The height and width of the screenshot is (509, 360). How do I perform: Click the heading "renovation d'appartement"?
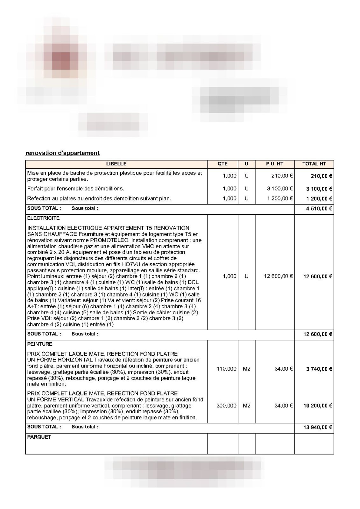coord(62,153)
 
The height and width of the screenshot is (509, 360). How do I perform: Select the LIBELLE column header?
coord(116,164)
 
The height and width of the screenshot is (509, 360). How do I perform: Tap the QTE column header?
coord(222,164)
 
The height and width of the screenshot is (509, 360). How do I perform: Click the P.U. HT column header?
coord(275,164)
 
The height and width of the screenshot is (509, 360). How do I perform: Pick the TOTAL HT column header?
coord(314,164)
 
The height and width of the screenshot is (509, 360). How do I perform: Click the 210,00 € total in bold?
coord(321,176)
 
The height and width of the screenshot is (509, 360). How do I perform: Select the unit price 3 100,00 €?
coord(280,189)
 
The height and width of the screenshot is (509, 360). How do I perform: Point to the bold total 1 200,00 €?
coord(319,199)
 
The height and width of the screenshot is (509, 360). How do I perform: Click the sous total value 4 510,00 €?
coord(319,209)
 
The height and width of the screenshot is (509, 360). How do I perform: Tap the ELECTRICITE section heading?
coord(43,218)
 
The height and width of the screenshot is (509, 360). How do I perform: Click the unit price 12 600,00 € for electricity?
coord(278,276)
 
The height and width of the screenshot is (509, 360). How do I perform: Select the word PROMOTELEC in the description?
coord(110,240)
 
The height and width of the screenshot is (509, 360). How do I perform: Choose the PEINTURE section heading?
coord(40,344)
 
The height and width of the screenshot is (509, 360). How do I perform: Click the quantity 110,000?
coord(226,369)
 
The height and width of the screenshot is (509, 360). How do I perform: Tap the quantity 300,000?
coord(226,406)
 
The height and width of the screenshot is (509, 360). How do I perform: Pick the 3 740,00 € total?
coord(319,369)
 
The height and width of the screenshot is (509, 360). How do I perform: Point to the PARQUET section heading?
coord(39,437)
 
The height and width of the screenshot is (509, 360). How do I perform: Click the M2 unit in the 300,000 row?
coord(246,406)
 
